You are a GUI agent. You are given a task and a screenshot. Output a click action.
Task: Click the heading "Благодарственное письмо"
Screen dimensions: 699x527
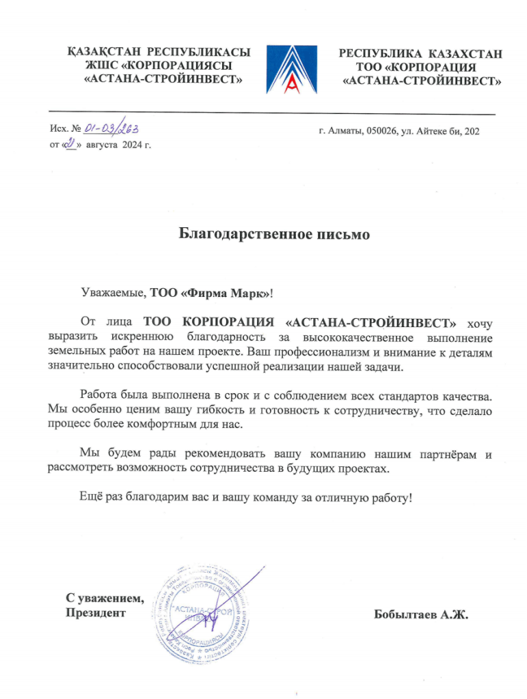coord(274,234)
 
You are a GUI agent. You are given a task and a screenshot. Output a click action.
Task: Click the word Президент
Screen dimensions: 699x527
coord(96,613)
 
